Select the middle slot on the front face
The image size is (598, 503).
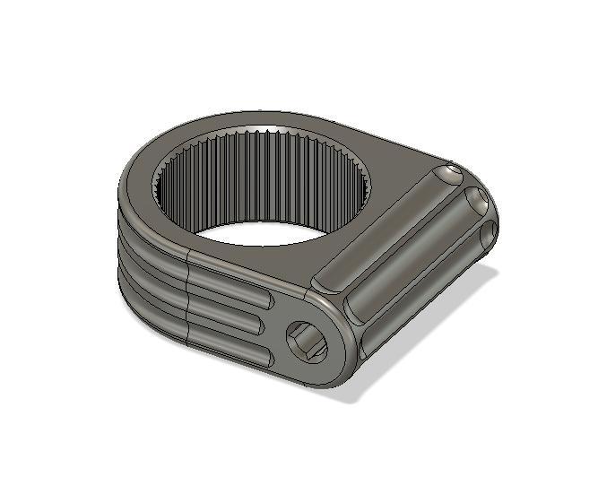click(x=229, y=314)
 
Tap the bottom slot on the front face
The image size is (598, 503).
click(x=229, y=342)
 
